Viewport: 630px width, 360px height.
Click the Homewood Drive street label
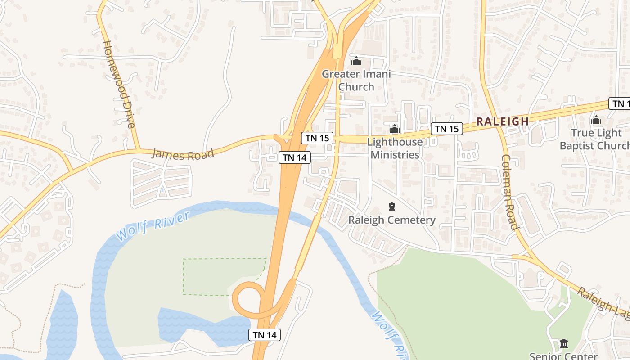[119, 84]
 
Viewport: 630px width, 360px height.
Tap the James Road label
[183, 154]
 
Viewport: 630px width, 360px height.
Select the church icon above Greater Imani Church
[356, 61]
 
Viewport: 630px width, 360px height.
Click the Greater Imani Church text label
[356, 80]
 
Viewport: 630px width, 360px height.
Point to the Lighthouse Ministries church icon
[395, 129]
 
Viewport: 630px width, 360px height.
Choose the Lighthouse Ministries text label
[395, 148]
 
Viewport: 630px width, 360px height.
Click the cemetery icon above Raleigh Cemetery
[392, 207]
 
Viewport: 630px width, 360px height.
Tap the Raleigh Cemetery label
[392, 220]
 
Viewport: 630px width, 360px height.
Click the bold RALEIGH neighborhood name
[503, 121]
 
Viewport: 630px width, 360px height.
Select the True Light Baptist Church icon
[596, 120]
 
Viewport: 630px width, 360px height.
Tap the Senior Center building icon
[563, 344]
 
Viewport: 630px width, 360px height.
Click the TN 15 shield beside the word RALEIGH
[447, 129]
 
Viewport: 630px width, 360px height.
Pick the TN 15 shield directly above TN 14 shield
[318, 138]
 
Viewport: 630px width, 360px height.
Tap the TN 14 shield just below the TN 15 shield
[295, 157]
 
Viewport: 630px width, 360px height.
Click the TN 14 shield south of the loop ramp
[265, 335]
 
